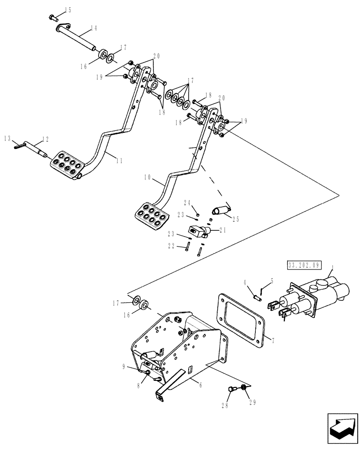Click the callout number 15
pos(68,10)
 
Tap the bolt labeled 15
pos(52,18)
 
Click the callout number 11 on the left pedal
pos(119,161)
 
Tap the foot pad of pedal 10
pos(151,214)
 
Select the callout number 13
pos(7,138)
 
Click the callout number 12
pos(46,139)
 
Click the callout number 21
pos(222,230)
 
